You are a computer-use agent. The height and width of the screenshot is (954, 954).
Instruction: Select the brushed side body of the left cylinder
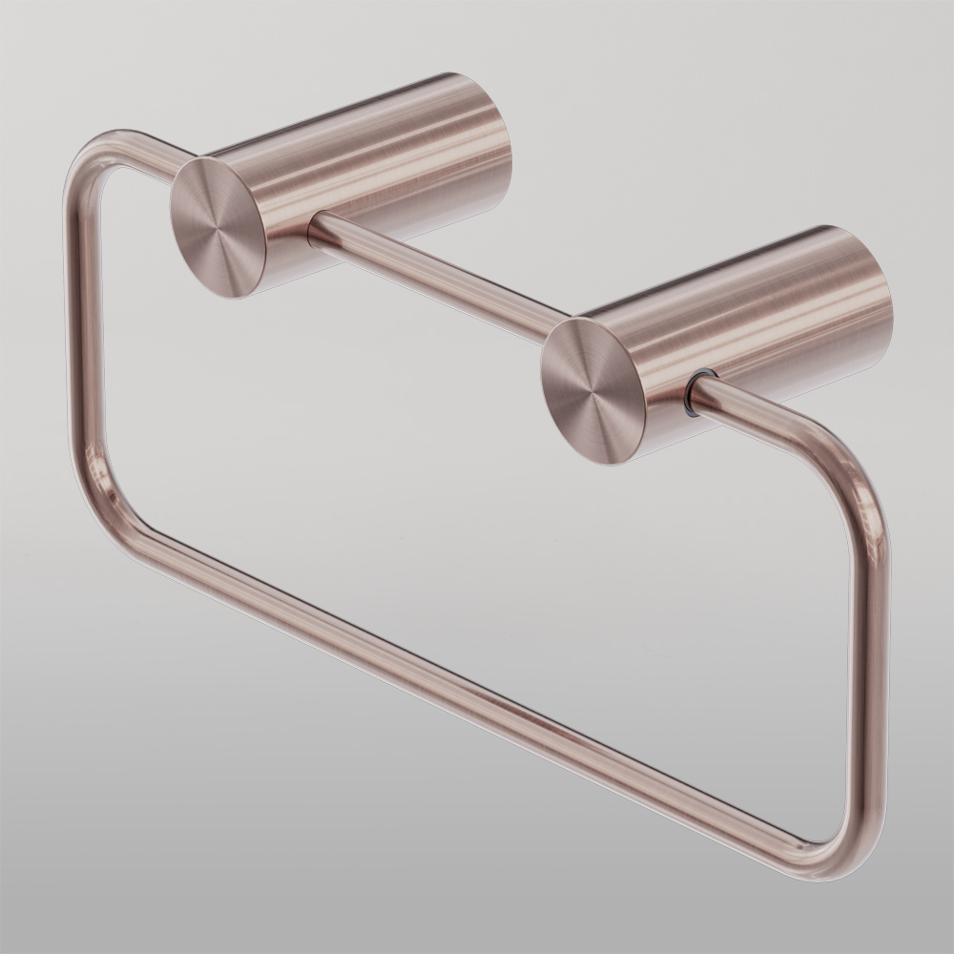pyautogui.click(x=382, y=162)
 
